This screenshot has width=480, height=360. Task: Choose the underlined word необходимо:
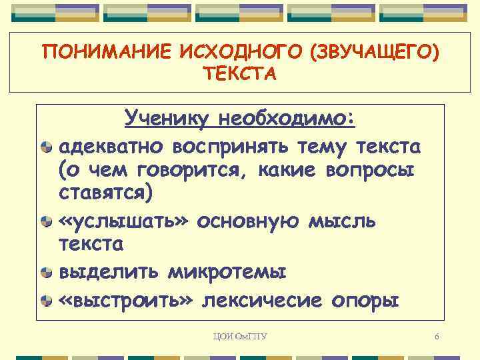point(287,119)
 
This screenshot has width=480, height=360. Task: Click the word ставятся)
point(106,194)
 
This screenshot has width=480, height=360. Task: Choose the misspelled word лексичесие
point(267,299)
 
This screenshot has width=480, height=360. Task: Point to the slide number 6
point(436,336)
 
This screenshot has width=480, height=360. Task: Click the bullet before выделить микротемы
point(46,273)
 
